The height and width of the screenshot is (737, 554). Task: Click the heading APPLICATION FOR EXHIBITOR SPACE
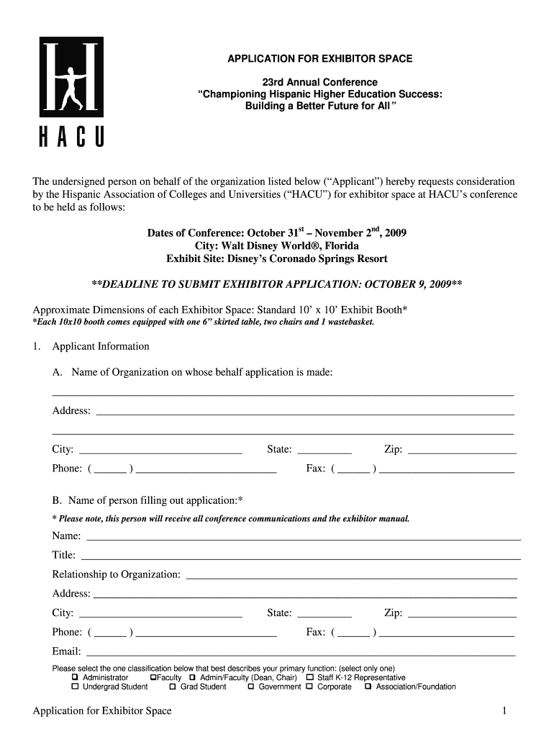click(x=319, y=58)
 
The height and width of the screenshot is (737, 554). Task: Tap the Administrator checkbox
click(x=75, y=677)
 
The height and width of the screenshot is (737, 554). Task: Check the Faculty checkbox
click(x=153, y=677)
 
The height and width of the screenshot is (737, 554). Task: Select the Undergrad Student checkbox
click(x=75, y=687)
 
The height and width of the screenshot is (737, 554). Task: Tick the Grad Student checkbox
click(x=173, y=687)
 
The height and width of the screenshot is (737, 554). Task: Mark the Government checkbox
click(x=251, y=687)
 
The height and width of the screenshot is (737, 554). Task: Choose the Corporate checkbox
click(x=309, y=687)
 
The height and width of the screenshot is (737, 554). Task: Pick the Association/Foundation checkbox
click(x=368, y=687)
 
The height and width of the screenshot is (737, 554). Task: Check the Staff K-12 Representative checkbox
click(x=310, y=677)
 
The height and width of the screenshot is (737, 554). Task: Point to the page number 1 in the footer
click(x=505, y=711)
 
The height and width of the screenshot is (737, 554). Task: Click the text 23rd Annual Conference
click(x=319, y=83)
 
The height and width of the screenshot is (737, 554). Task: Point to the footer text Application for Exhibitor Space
click(x=102, y=711)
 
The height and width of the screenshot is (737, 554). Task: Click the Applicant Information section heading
click(x=101, y=346)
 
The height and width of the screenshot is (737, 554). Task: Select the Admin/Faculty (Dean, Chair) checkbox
click(x=192, y=677)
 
